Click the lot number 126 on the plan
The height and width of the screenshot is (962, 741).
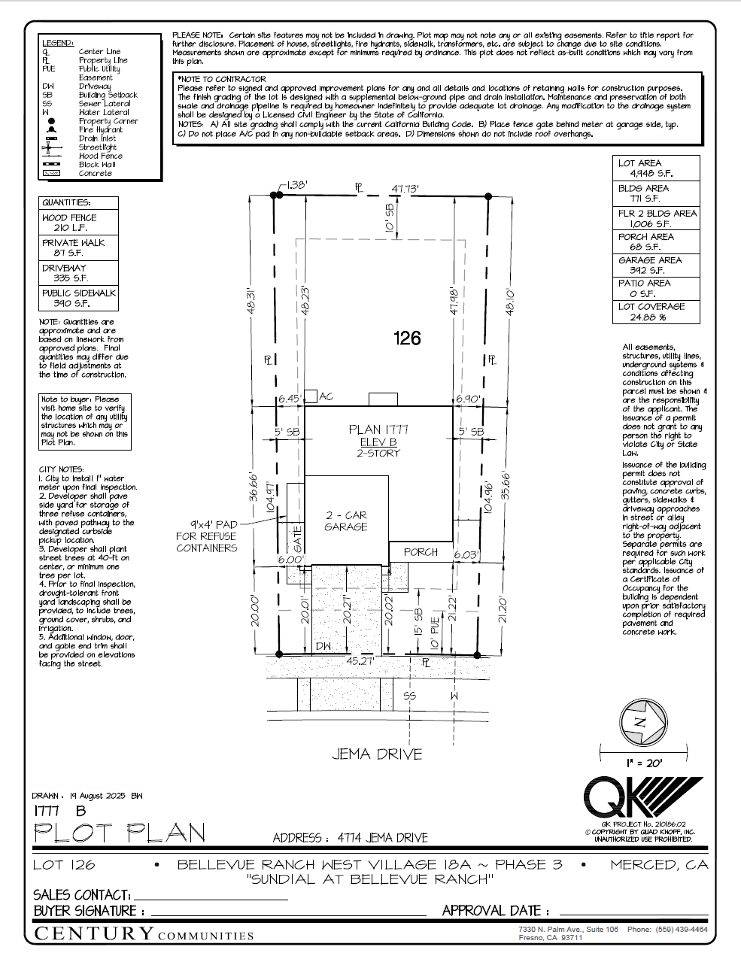click(x=407, y=338)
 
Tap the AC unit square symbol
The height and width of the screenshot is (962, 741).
click(x=311, y=396)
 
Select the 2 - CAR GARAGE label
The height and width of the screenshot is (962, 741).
click(x=346, y=521)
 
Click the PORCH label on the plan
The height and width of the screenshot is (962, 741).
click(x=421, y=552)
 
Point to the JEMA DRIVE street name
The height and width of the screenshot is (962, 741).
click(x=377, y=754)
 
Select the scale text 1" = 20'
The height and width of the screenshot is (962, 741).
click(x=643, y=763)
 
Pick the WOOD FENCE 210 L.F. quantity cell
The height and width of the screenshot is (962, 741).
click(x=78, y=223)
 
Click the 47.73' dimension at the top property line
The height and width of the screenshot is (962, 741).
click(x=405, y=189)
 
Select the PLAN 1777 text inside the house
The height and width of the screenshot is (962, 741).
click(x=378, y=429)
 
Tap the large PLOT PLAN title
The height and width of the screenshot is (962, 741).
click(x=120, y=833)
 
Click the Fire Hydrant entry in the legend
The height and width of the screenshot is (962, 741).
click(x=100, y=129)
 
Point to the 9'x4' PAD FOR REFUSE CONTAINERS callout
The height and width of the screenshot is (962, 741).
click(x=207, y=536)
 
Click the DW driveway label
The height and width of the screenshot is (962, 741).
click(x=323, y=646)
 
